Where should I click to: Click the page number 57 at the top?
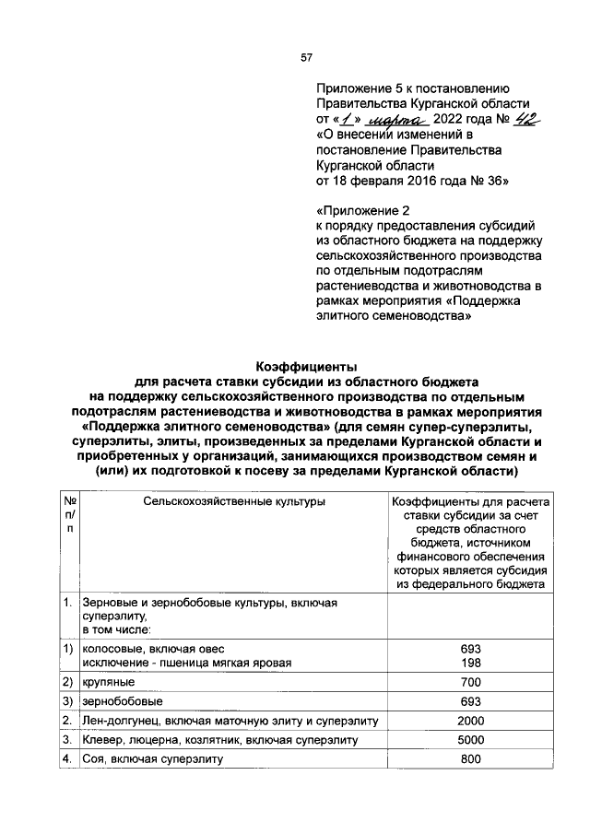click(x=307, y=58)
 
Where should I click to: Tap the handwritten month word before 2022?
click(x=395, y=120)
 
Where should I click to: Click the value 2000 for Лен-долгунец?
click(x=470, y=721)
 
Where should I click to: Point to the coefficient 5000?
click(x=470, y=740)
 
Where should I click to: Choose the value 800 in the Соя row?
click(x=470, y=759)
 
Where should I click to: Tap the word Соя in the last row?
click(x=93, y=759)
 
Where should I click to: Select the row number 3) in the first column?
click(x=68, y=702)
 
